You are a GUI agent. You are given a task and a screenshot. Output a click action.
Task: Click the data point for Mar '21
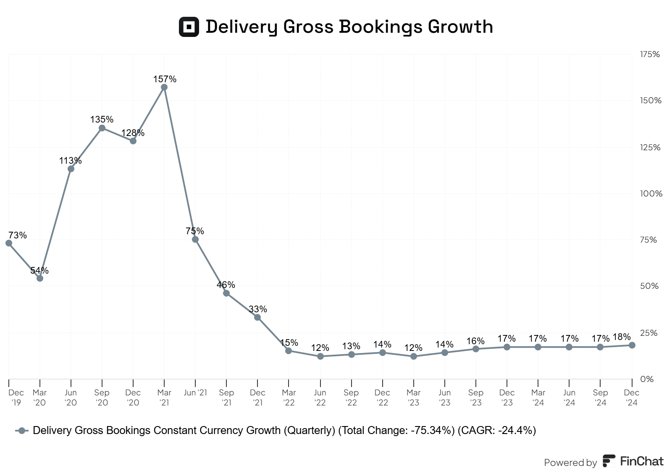164,87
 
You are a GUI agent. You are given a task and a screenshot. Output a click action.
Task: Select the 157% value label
165,79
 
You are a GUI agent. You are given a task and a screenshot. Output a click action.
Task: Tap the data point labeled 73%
9,243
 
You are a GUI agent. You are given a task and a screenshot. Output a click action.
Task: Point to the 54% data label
39,270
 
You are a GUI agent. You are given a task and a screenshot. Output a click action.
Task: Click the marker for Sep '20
102,128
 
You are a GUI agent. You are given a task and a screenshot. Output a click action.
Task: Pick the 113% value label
71,160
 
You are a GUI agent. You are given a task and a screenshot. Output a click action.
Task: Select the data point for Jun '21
195,239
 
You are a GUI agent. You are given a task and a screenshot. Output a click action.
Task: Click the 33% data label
258,309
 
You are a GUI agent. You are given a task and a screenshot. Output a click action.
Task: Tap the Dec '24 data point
632,345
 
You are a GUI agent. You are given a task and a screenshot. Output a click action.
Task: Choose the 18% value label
622,337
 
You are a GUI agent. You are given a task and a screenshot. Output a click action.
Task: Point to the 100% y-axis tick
651,194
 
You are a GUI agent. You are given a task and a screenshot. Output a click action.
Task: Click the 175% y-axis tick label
650,54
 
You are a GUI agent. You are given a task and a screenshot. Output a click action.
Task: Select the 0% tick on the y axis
647,379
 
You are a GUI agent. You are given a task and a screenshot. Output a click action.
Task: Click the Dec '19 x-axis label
16,398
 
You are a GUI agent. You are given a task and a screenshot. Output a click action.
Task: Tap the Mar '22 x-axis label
289,398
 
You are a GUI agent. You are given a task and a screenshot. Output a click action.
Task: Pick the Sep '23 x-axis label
476,398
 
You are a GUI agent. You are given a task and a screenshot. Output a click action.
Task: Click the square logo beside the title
189,27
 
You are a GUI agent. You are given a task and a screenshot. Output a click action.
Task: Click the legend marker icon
22,431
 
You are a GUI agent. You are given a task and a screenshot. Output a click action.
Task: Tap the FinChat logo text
641,461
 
